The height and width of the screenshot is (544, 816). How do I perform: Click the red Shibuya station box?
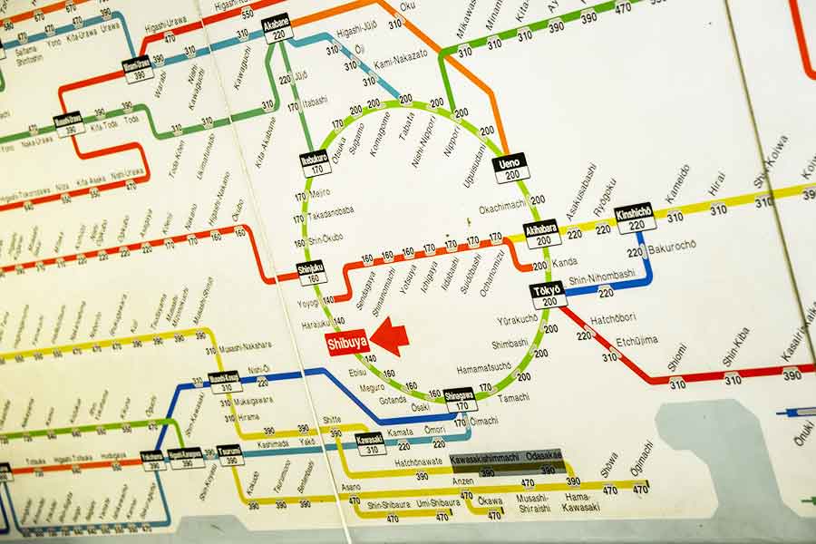coord(346,343)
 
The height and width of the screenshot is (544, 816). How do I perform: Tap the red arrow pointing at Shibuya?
coord(390,336)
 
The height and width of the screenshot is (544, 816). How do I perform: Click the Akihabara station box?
coord(541,234)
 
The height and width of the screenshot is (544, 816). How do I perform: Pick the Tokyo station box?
coord(548,295)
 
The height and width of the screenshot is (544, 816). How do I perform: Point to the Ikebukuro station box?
coord(315,162)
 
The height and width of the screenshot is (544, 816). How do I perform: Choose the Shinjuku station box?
coord(312,272)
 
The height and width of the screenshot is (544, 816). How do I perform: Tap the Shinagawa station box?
coord(461,399)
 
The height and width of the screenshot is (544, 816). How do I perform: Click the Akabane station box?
coord(277,27)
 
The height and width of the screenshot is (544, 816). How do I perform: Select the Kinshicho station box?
coord(635,218)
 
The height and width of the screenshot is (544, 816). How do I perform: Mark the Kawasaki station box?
coord(370,443)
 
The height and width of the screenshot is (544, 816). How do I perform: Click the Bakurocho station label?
coord(672,245)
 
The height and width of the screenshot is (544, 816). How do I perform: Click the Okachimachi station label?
coord(502,207)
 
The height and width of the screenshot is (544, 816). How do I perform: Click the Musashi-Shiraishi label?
coord(533,502)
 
